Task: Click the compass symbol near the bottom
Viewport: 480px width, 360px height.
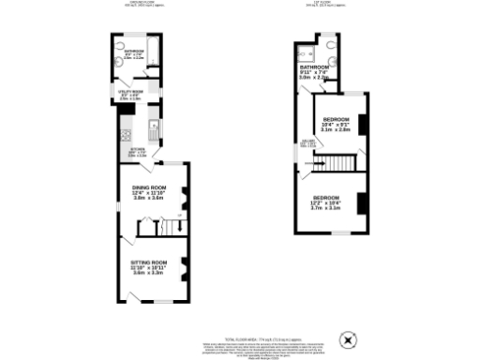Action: [x=349, y=337]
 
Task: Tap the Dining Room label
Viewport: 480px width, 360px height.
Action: [x=149, y=187]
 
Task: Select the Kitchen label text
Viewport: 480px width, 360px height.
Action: [x=135, y=148]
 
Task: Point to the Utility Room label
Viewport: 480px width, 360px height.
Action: [x=129, y=90]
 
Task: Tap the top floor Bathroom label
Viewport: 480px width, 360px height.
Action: [x=314, y=68]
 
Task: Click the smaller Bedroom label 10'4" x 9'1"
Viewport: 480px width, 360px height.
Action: [x=337, y=119]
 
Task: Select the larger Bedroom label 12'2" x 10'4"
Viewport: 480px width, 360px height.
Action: [x=326, y=197]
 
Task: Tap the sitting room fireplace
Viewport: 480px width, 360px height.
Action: [x=185, y=269]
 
